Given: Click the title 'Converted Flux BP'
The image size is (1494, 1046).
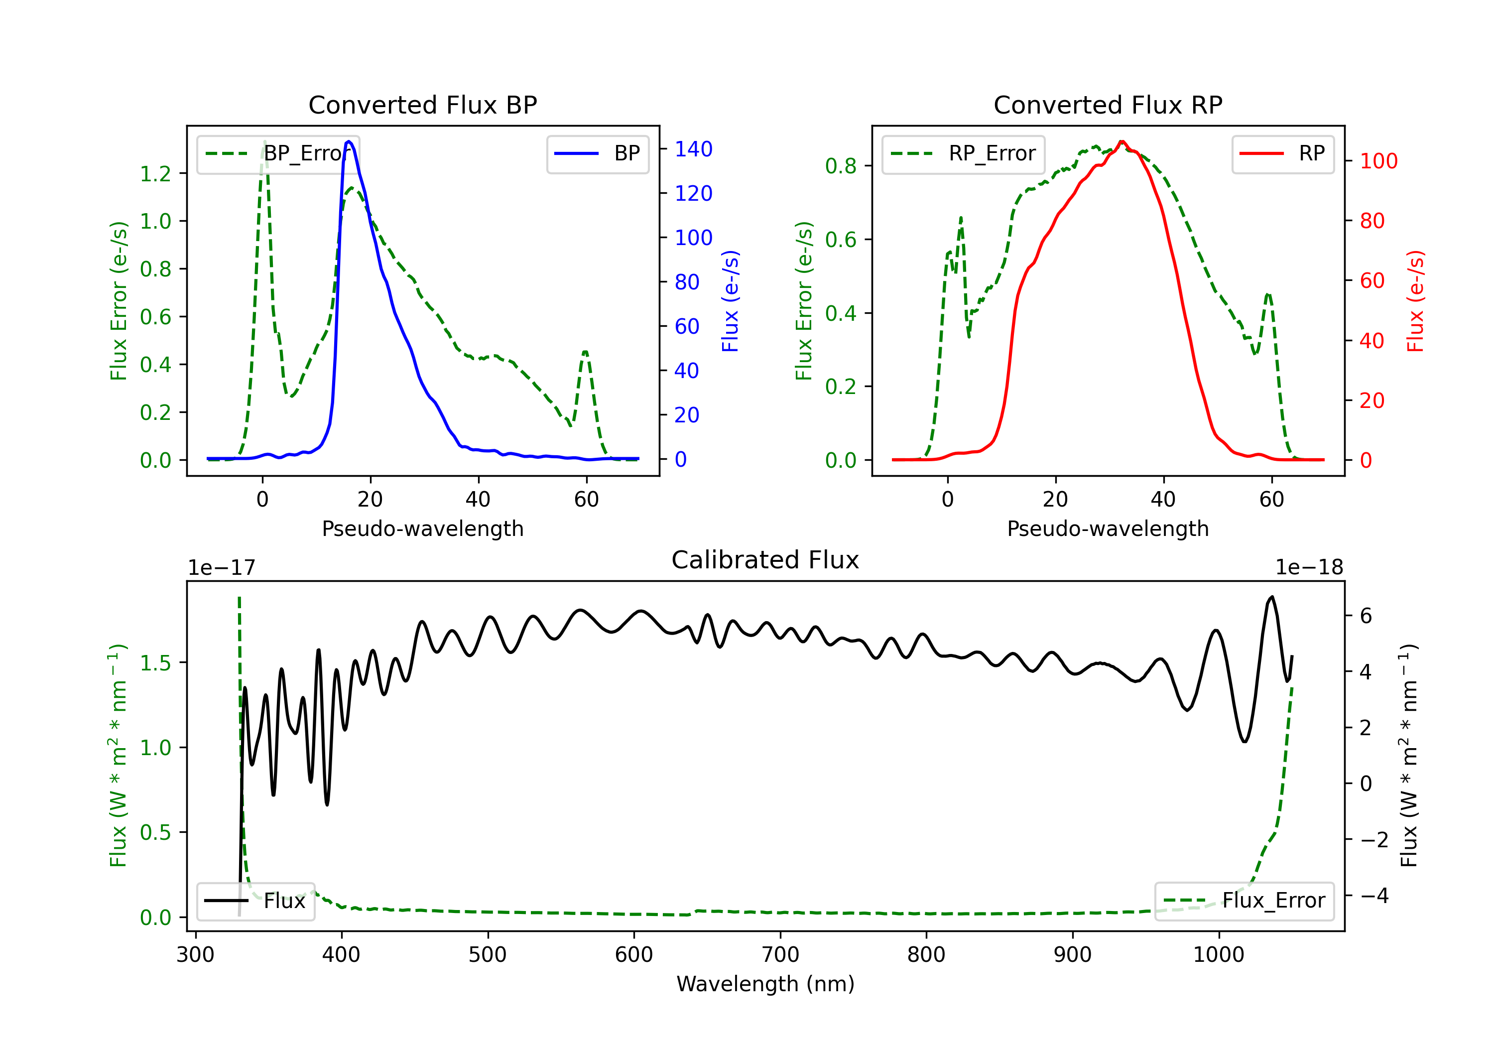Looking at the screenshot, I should coord(422,105).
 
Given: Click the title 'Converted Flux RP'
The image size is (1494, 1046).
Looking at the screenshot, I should coord(1108,105).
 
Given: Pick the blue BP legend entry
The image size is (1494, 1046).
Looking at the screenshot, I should coord(597,153).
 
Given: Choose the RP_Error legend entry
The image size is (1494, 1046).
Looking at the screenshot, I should coord(963,153).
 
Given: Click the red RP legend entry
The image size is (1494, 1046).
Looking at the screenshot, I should coord(1282,153).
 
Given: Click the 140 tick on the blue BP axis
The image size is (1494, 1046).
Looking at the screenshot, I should coord(693,149).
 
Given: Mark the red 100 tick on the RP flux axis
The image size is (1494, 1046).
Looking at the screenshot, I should coord(1378,161).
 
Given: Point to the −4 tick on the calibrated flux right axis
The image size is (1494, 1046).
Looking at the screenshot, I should coord(1373,896).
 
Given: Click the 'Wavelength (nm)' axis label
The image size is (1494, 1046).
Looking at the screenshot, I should coord(765,984).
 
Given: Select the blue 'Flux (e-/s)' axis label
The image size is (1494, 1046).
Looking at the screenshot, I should coord(730,301).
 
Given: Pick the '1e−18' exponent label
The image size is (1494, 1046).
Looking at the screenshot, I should coord(1309,568).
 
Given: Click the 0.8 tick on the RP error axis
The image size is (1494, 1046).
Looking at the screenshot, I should coord(841,166).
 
